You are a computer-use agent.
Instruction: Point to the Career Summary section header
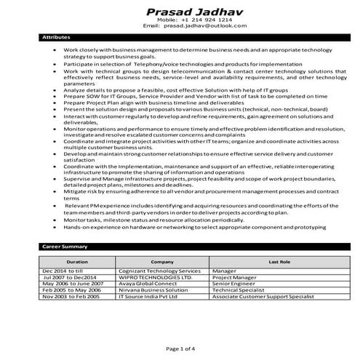(x=65, y=247)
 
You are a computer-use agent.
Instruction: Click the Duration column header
(x=77, y=260)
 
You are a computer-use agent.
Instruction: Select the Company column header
(x=161, y=260)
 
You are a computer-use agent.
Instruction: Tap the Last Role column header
(x=279, y=260)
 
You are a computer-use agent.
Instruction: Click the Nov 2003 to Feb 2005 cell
(x=72, y=296)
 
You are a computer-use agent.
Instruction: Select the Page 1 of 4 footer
(x=179, y=348)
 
